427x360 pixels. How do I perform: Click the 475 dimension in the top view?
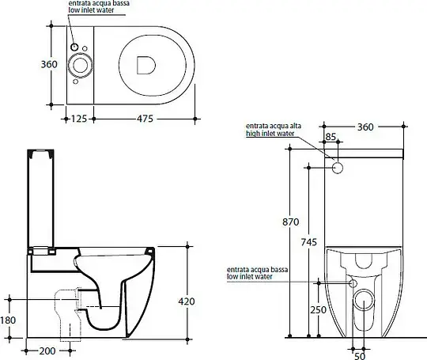click(x=145, y=119)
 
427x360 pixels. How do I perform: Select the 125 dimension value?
click(x=79, y=119)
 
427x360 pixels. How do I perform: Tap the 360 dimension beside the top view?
click(x=49, y=65)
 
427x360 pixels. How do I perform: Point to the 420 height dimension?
click(x=187, y=301)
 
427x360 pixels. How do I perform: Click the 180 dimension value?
click(x=8, y=320)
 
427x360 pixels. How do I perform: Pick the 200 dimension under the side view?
click(x=47, y=351)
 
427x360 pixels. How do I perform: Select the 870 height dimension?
click(x=290, y=222)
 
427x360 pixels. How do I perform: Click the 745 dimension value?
click(x=309, y=242)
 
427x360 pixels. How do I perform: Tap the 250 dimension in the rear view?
click(x=318, y=310)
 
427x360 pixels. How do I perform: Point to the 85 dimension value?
click(x=331, y=137)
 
